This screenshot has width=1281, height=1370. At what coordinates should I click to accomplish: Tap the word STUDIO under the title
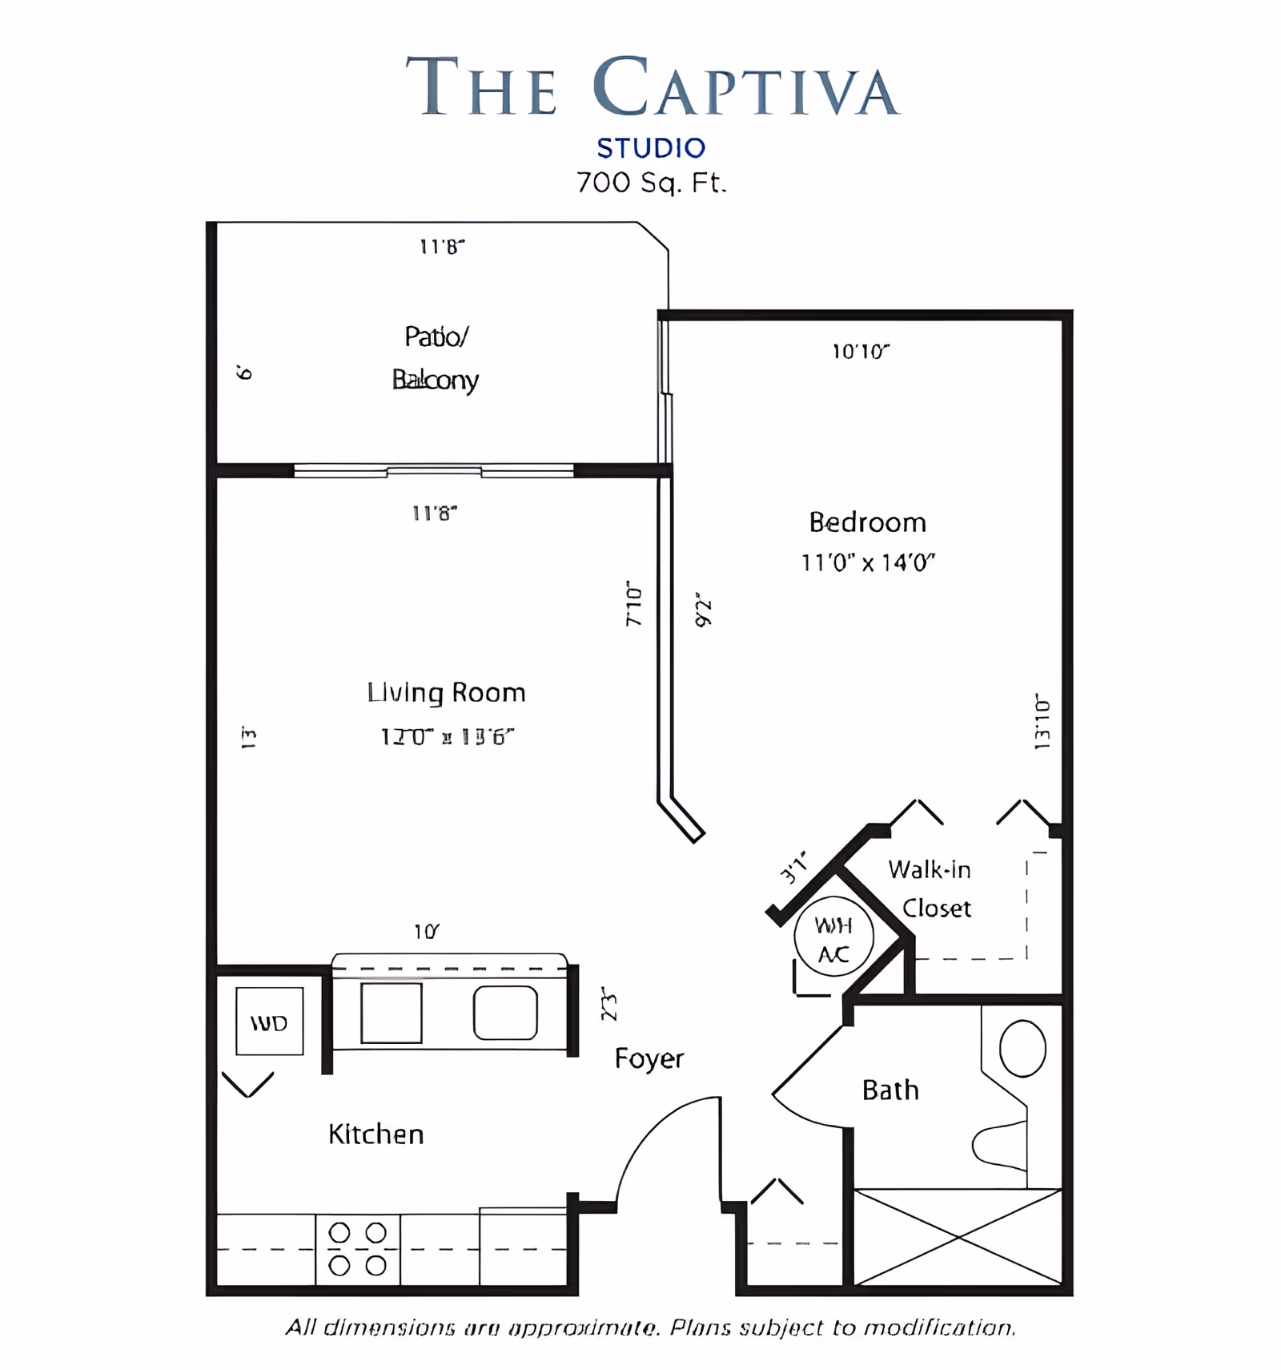[x=651, y=148]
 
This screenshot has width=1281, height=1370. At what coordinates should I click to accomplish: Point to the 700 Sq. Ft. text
[x=651, y=183]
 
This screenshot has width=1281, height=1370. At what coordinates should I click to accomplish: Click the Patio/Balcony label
[x=436, y=357]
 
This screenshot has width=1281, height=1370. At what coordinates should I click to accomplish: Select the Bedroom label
[x=867, y=522]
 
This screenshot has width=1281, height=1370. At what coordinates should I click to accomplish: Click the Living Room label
[x=446, y=692]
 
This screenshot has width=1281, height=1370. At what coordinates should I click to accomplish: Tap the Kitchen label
[x=375, y=1134]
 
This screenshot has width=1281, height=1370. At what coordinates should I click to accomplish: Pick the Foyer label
[x=649, y=1058]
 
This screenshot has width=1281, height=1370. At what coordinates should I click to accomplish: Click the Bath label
[x=890, y=1090]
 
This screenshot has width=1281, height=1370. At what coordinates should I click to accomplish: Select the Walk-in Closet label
[x=930, y=888]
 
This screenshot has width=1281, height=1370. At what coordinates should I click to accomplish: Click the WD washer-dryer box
[x=269, y=1021]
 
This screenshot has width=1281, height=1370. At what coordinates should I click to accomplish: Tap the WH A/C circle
[x=833, y=937]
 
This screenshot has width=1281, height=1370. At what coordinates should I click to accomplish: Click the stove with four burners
[x=358, y=1249]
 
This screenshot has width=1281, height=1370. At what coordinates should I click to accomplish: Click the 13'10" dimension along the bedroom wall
[x=1042, y=722]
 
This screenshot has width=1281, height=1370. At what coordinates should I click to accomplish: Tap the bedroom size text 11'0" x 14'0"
[x=868, y=562]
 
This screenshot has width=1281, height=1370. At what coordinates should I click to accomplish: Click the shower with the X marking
[x=958, y=1238]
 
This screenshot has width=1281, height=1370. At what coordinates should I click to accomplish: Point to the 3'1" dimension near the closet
[x=793, y=868]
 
